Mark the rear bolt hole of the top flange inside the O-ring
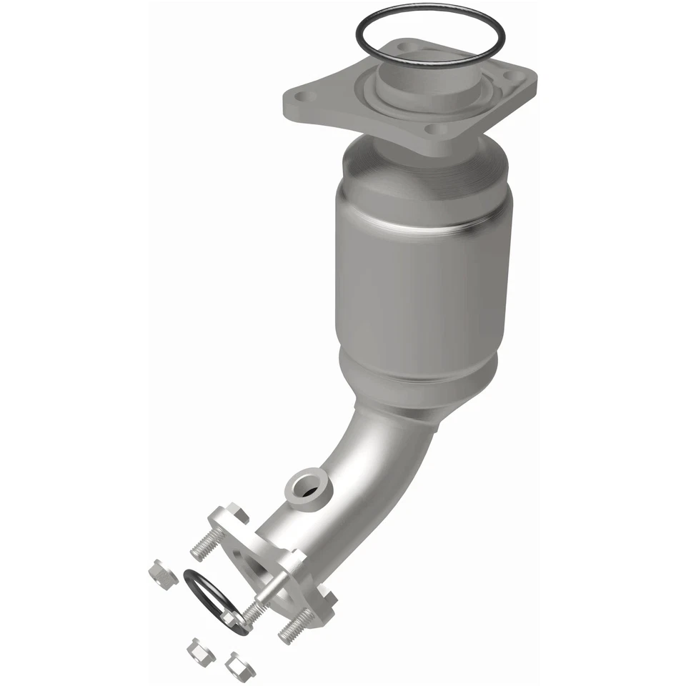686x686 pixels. [404, 47]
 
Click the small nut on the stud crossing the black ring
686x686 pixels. [232, 618]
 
